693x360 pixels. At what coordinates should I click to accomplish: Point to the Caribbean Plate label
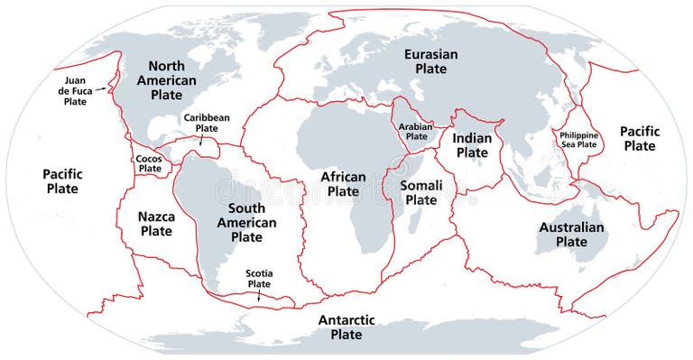[207, 123]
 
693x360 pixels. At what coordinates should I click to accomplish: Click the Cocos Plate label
[149, 163]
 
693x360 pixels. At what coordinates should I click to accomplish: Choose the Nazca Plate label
[155, 224]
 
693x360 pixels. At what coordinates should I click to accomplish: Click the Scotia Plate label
[260, 278]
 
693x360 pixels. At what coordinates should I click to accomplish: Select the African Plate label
[343, 184]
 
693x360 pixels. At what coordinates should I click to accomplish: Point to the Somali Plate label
[420, 192]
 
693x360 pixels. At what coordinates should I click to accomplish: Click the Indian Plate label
[472, 145]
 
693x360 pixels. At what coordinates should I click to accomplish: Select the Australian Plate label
[571, 235]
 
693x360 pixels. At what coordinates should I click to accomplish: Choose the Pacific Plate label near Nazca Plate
[61, 181]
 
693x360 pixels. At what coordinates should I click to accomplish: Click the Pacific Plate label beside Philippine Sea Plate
[640, 138]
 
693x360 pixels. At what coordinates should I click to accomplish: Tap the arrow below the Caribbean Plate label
[201, 139]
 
